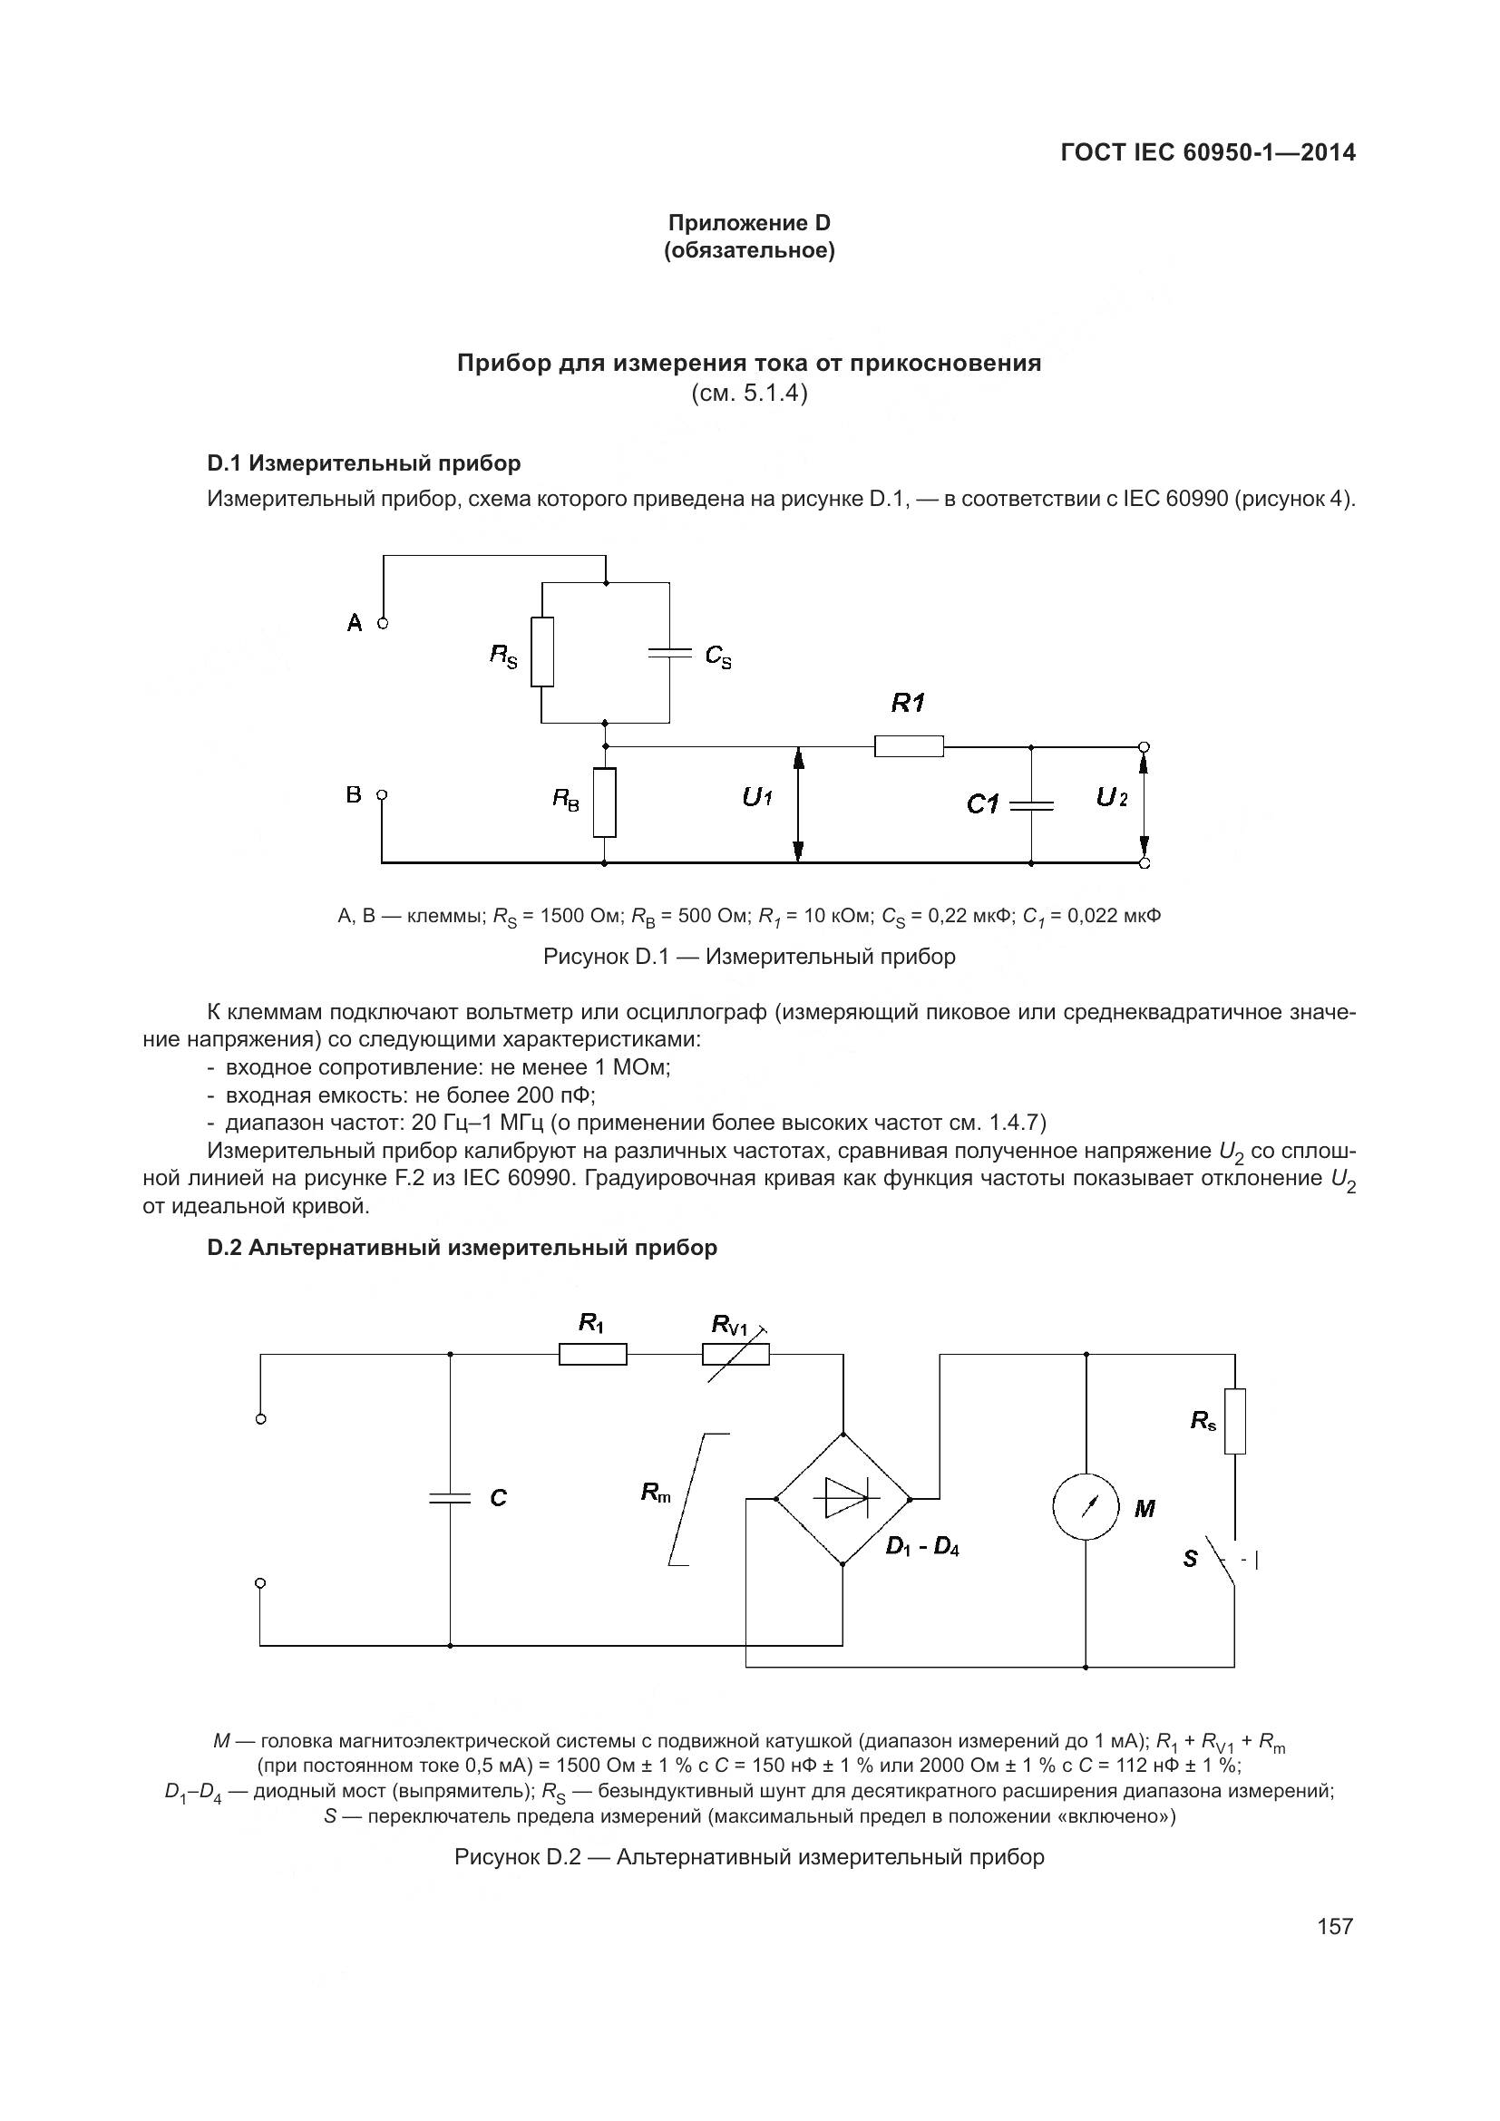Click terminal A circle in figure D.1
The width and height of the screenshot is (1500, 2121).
[x=384, y=624]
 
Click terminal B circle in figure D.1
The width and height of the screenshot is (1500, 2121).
[x=384, y=794]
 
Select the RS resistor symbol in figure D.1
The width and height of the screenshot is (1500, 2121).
[x=542, y=652]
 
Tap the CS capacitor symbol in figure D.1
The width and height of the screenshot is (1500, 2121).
[x=669, y=653]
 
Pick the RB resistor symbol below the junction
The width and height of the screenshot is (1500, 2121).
[x=605, y=802]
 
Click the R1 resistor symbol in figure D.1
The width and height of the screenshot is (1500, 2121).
[x=909, y=745]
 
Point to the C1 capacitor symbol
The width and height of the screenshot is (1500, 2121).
[x=1032, y=805]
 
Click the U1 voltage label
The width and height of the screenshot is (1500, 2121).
[x=757, y=797]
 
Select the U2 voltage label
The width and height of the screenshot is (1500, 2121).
[x=1111, y=797]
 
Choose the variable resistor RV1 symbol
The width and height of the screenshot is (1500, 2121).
[x=736, y=1355]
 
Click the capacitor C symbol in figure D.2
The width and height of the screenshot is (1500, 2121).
[x=450, y=1497]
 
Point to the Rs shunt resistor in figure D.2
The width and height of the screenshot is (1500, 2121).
[x=1235, y=1421]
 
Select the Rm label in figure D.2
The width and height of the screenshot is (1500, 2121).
[x=657, y=1492]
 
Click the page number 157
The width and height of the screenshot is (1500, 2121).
[x=1335, y=1926]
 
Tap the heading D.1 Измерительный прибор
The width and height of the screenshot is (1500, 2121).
[x=364, y=462]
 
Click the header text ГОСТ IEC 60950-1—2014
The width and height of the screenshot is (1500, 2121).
[x=1208, y=152]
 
